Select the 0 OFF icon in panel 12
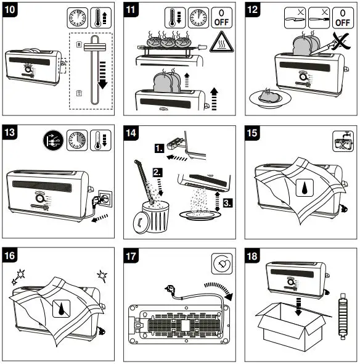pyautogui.click(x=341, y=17)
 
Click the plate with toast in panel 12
pyautogui.click(x=269, y=97)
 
